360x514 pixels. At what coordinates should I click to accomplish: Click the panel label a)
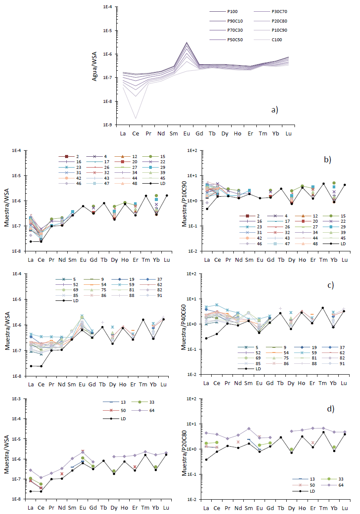point(275,110)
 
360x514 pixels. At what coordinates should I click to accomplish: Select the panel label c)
point(329,285)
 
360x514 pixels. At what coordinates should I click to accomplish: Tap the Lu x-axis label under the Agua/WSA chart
point(288,133)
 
